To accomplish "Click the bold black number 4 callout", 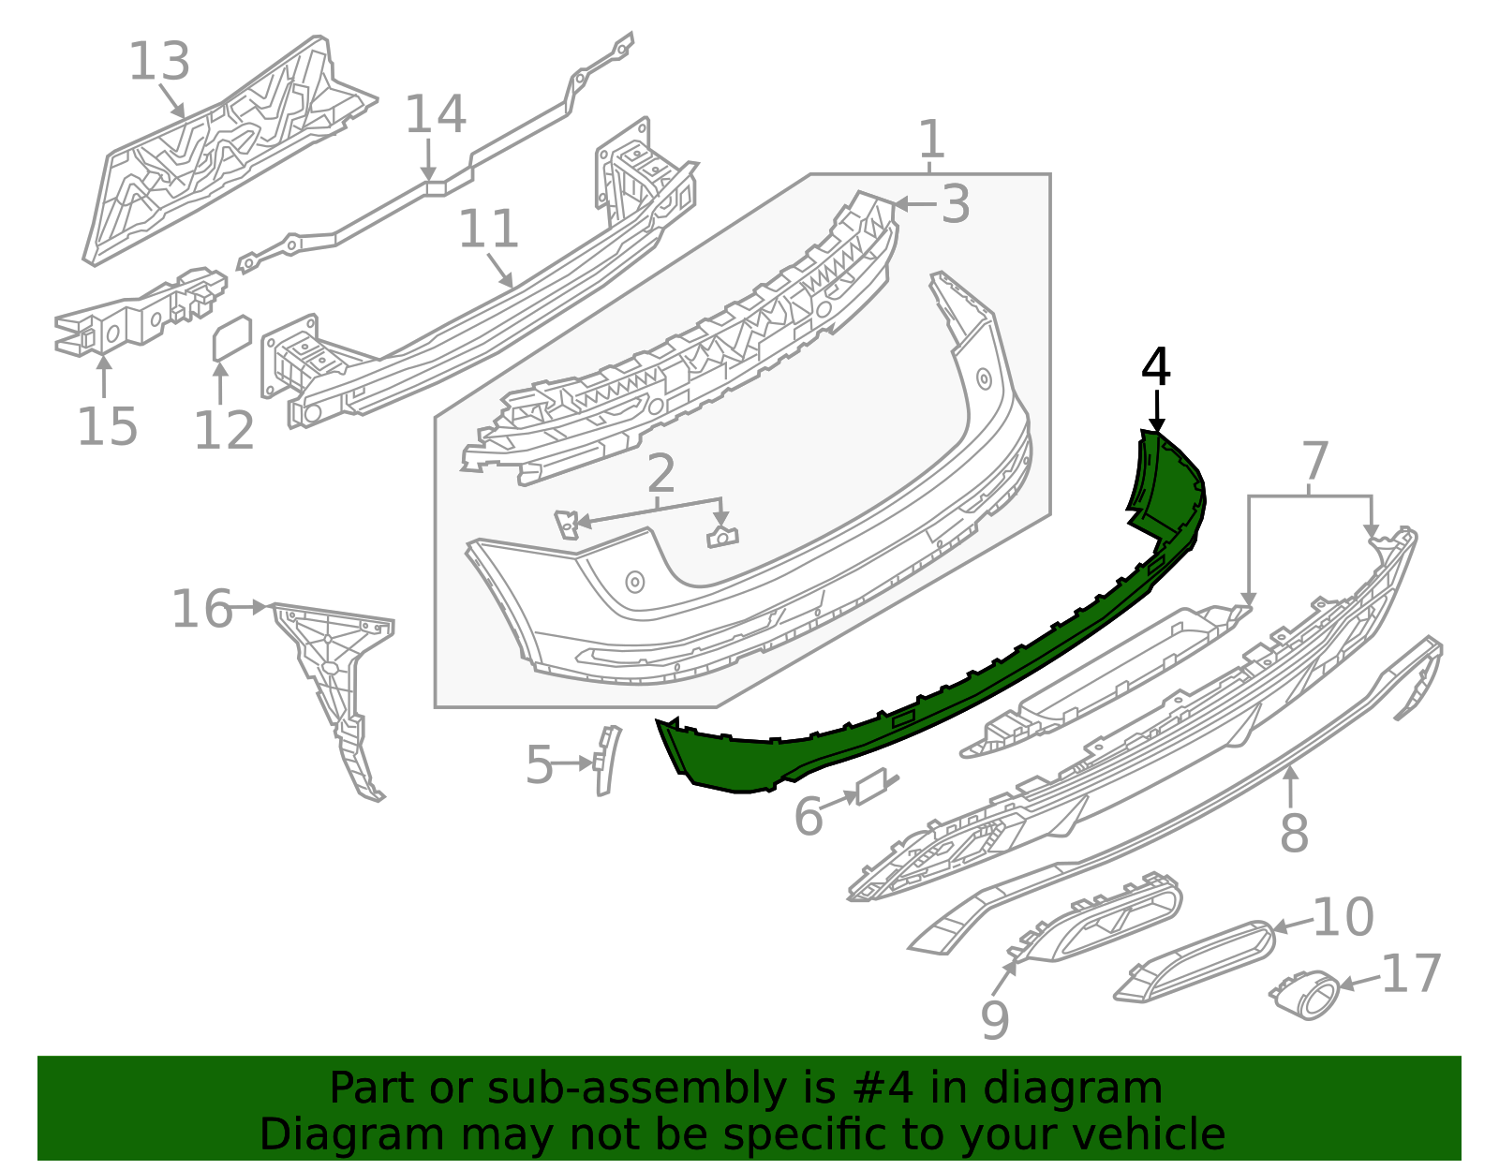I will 1156,367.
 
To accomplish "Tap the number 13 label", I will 159,62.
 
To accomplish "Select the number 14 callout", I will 436,114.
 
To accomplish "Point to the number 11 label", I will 488,230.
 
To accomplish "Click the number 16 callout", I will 201,609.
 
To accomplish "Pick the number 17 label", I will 1411,974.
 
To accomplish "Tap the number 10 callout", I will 1343,917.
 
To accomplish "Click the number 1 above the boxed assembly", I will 930,140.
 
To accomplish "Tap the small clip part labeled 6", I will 873,786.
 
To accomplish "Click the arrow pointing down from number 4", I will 1157,412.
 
